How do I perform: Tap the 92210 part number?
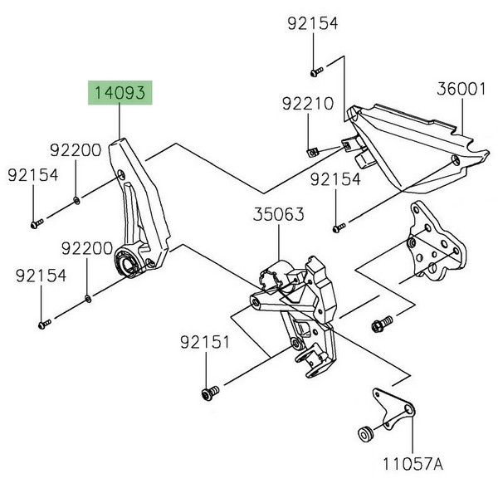(x=308, y=105)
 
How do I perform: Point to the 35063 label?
(x=278, y=215)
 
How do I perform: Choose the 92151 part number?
(x=203, y=342)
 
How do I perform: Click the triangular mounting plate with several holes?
(x=432, y=245)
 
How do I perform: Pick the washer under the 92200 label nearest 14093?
(x=76, y=200)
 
